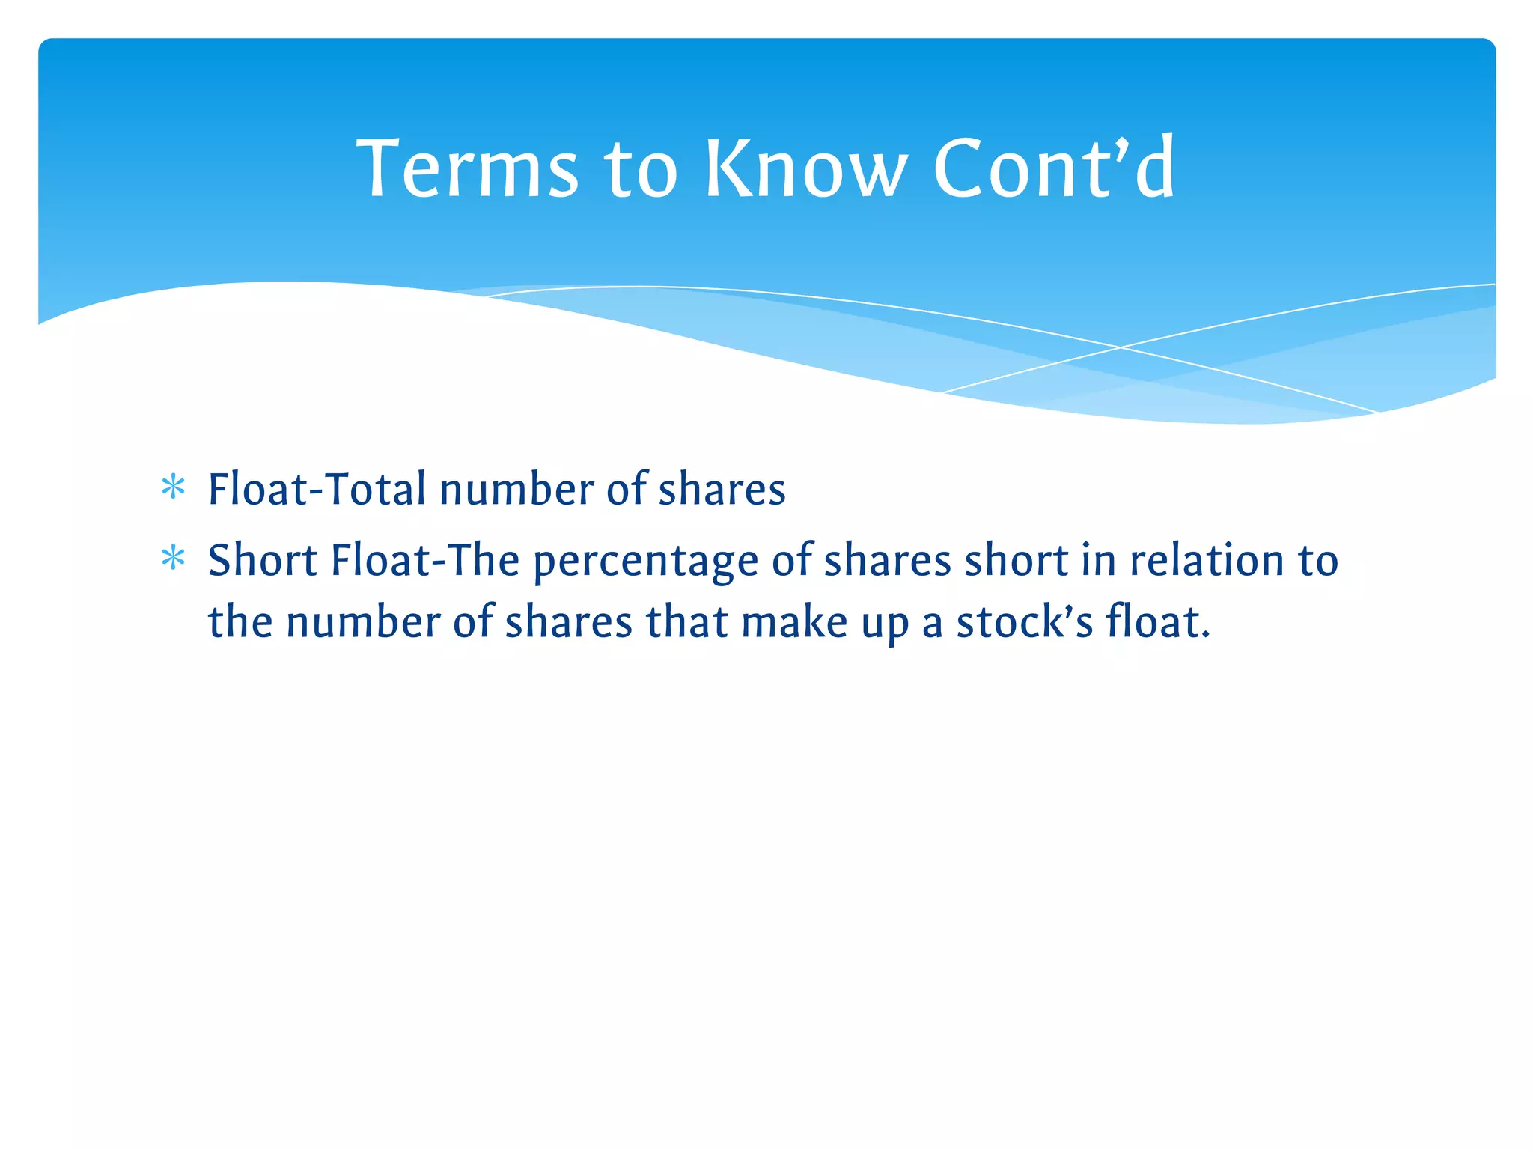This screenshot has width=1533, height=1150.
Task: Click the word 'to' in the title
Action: click(641, 171)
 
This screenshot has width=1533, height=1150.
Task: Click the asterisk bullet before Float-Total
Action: click(173, 488)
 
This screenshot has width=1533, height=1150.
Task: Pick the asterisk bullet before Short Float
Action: click(173, 559)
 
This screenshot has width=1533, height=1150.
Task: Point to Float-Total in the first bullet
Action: click(317, 489)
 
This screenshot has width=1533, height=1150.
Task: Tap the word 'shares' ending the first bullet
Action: click(722, 489)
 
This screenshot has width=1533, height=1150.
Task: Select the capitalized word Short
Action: click(263, 560)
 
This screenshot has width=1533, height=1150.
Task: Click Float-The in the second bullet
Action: click(425, 560)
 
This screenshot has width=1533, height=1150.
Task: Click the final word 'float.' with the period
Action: click(1158, 622)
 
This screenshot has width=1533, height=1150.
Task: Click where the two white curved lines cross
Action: click(1121, 347)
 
